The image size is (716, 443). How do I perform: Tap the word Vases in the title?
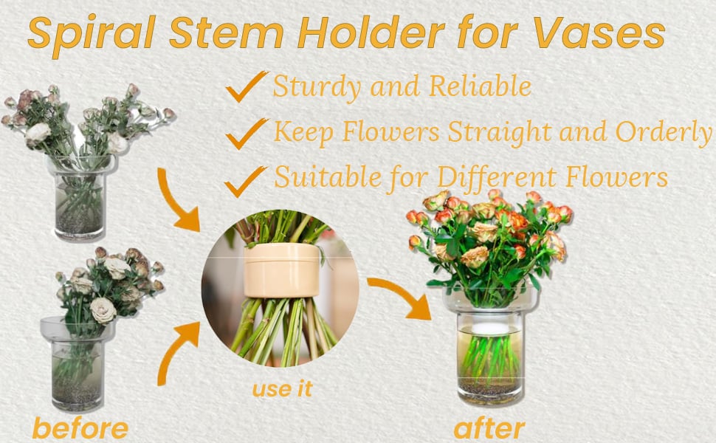point(599,33)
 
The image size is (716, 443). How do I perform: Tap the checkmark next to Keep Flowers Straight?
point(247,134)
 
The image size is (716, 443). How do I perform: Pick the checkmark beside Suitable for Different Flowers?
point(246,182)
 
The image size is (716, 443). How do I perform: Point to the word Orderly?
point(664,133)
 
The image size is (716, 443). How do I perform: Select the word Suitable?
point(328,176)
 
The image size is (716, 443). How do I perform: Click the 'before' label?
point(80,428)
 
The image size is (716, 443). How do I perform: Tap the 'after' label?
point(489,428)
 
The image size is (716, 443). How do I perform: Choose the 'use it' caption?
point(282,388)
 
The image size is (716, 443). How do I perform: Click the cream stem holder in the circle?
point(282,270)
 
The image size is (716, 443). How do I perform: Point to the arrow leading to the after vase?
point(401,295)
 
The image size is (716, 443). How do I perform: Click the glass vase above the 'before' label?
point(76,363)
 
